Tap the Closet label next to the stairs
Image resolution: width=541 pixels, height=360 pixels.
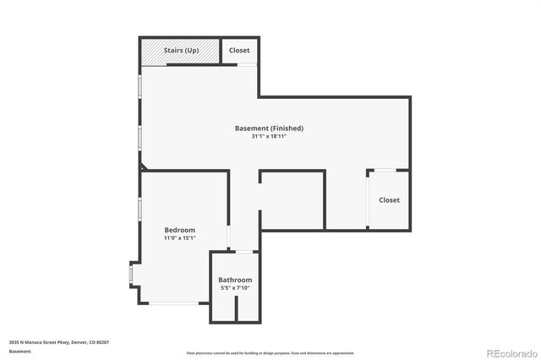239,51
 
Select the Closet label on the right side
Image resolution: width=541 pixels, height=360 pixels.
389,200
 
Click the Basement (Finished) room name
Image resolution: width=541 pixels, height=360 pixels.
269,128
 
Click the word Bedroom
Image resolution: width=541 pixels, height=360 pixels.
179,230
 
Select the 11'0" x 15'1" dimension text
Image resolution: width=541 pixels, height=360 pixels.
179,238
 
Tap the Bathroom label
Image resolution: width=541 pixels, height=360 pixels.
235,280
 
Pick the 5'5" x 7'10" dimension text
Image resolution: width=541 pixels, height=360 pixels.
235,288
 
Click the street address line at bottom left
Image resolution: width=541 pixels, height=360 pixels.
59,342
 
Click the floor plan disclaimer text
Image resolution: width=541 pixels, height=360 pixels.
270,353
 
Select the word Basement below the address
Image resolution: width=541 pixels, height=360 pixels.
20,352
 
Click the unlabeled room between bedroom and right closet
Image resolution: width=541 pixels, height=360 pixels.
292,200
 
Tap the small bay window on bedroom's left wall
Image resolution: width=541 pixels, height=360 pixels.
130,274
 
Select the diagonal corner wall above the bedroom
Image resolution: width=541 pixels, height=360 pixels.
143,168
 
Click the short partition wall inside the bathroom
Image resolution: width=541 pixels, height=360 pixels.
236,308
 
